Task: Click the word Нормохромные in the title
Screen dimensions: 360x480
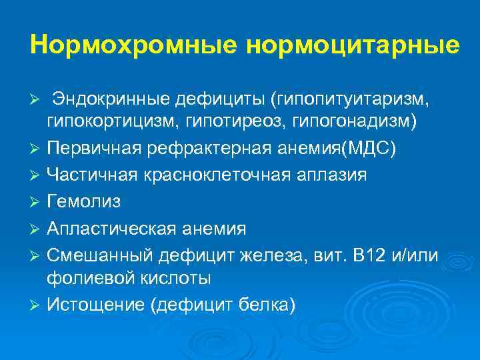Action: tap(133, 45)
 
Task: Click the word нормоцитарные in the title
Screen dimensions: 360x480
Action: tap(353, 45)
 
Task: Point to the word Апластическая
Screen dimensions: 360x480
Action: tap(109, 229)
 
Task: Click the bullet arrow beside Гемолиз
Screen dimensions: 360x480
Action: tap(37, 202)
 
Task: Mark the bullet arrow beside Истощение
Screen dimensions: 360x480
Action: tap(37, 306)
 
